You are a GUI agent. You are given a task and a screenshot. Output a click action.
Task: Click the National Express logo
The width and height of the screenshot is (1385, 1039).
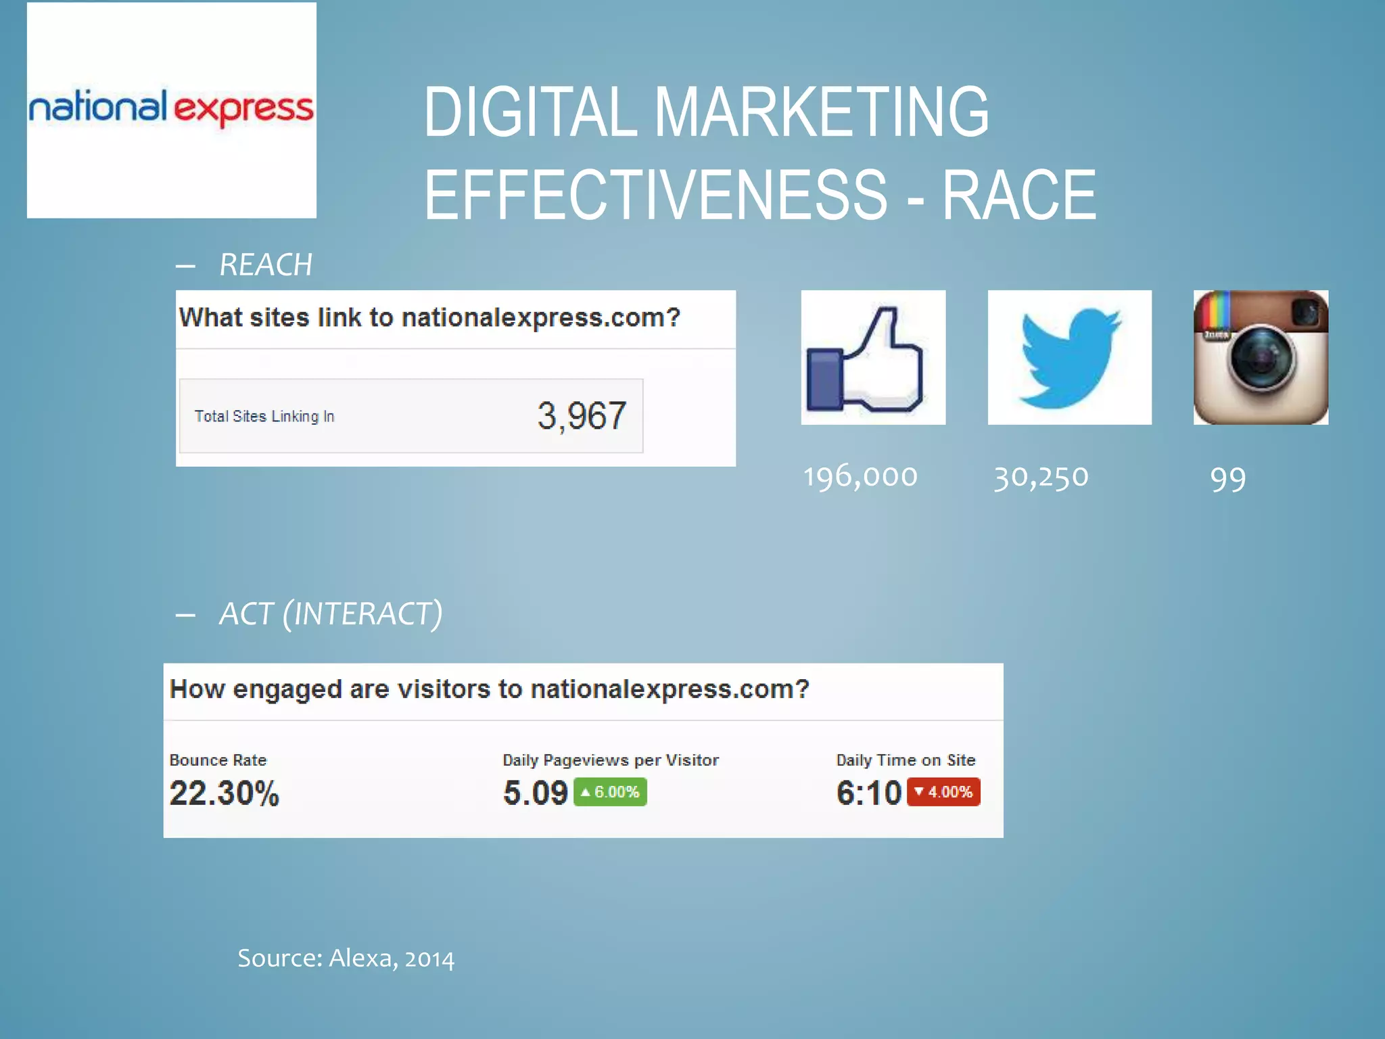[171, 110]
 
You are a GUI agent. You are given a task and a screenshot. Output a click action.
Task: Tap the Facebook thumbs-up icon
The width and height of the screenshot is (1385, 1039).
[872, 358]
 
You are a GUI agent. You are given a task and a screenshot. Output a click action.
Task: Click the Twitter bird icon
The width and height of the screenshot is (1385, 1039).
[1069, 358]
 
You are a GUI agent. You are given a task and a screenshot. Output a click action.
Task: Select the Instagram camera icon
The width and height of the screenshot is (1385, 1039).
[1261, 358]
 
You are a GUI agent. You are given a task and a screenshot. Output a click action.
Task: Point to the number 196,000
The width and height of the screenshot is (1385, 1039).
[860, 477]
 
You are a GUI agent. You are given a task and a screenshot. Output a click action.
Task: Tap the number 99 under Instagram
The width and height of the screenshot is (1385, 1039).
[1227, 479]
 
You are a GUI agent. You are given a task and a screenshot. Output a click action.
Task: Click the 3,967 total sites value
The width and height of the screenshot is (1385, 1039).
[582, 415]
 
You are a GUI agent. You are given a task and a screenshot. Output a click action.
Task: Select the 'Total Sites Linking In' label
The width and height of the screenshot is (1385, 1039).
[264, 417]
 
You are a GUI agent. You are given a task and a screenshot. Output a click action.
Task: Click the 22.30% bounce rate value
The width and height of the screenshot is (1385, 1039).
[224, 793]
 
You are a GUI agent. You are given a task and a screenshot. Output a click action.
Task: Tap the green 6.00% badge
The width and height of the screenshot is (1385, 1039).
[610, 792]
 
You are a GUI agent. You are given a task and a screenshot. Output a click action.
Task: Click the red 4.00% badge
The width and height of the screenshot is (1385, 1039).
[943, 792]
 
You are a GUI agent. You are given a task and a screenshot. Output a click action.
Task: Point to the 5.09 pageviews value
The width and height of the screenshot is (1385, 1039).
[535, 793]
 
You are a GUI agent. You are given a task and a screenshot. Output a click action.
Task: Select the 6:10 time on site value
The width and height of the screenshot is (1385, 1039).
[868, 793]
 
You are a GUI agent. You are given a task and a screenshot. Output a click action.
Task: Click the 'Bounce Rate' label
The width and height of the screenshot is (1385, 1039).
[218, 760]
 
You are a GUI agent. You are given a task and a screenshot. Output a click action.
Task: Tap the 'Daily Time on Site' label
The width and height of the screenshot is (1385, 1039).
[906, 760]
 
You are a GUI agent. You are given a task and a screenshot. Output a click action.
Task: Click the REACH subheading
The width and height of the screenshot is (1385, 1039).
[266, 264]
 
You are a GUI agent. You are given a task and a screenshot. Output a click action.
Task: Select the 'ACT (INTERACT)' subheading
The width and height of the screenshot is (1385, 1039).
[331, 614]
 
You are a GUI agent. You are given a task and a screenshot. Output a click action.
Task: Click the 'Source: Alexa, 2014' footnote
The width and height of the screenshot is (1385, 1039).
[346, 959]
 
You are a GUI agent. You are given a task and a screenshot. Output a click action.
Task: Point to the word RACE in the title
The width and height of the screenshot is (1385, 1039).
[1018, 195]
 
